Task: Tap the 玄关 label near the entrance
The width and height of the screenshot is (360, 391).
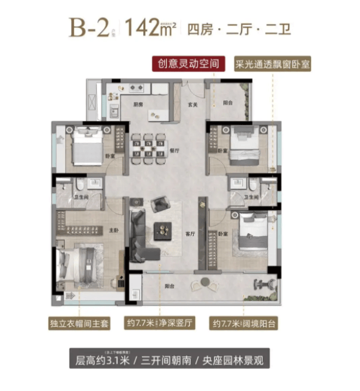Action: click(x=193, y=103)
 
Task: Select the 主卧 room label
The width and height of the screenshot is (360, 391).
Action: click(x=114, y=230)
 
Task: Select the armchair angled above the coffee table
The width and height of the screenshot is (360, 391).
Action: click(x=159, y=205)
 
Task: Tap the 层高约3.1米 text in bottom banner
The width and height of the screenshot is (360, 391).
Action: click(x=107, y=360)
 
